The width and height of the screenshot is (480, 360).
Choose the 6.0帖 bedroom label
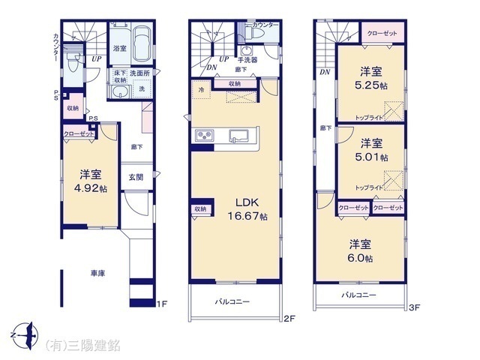359,251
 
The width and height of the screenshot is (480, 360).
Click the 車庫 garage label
97,274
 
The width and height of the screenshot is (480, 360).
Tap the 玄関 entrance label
136,178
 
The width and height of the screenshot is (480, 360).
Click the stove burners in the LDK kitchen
204,135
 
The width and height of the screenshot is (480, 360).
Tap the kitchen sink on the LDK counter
239,135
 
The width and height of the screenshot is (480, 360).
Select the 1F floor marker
161,304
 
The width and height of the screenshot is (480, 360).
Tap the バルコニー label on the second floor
232,301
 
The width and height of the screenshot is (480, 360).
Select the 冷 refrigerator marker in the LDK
202,89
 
